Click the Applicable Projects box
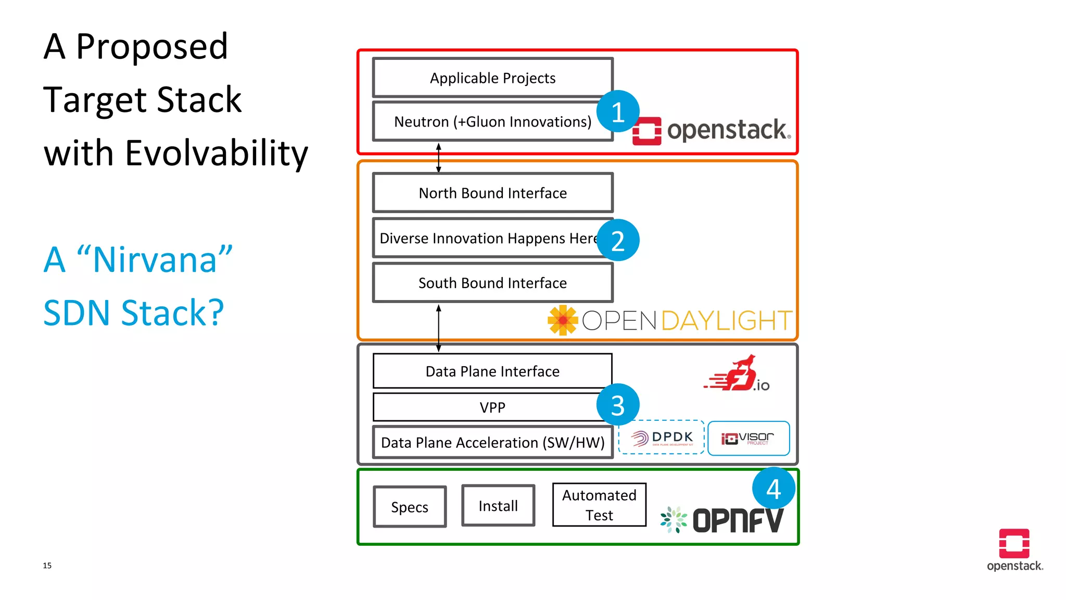[492, 78]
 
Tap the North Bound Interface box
[492, 193]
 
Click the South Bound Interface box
[492, 283]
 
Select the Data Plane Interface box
[492, 371]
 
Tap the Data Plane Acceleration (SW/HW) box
[492, 442]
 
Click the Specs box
[410, 507]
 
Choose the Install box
[498, 506]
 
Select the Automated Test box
[599, 505]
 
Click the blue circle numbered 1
[618, 111]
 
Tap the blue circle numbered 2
[618, 240]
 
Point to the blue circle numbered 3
[618, 405]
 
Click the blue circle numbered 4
[773, 489]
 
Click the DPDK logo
[662, 438]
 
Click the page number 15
[47, 566]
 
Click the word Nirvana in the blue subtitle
[155, 259]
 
